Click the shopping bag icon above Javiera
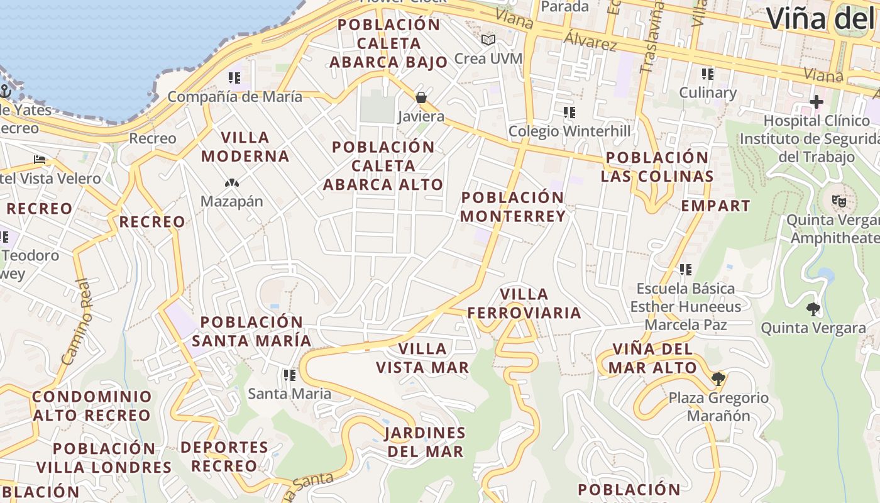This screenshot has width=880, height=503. click(x=421, y=97)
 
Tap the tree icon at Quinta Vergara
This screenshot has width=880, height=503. click(x=813, y=309)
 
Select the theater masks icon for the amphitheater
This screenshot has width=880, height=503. click(x=839, y=201)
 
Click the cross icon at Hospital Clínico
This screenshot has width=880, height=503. click(x=816, y=101)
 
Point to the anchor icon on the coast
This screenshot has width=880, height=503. click(x=5, y=91)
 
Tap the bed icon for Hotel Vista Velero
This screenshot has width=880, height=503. click(x=40, y=160)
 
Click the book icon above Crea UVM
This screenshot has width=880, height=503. click(x=488, y=40)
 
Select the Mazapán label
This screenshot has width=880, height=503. click(x=232, y=201)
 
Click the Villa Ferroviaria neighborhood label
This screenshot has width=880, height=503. click(x=524, y=304)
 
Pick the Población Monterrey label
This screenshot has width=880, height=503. click(x=513, y=207)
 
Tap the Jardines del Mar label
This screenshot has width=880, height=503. click(x=425, y=442)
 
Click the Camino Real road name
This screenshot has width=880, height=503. click(x=77, y=322)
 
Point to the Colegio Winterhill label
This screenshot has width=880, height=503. click(x=569, y=131)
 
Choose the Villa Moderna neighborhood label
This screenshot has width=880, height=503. click(x=245, y=146)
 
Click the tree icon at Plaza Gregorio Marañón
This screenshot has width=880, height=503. click(x=718, y=379)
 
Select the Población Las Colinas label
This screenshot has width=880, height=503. click(x=657, y=167)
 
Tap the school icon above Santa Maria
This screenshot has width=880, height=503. click(x=289, y=375)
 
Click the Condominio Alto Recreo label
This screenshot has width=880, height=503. click(x=92, y=406)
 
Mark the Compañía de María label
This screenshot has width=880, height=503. click(x=234, y=97)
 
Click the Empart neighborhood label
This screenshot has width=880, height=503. click(x=715, y=206)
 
